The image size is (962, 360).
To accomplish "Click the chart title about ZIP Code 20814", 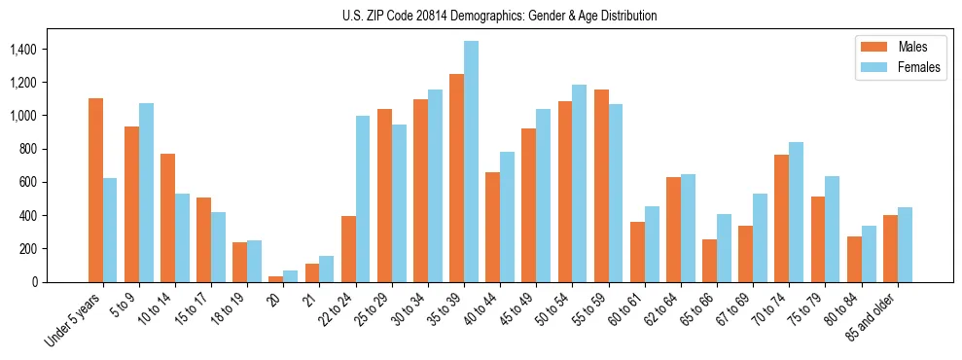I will tap(500, 16).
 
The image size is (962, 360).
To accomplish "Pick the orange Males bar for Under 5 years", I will tap(95, 190).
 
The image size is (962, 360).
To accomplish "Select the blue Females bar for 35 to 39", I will tap(471, 162).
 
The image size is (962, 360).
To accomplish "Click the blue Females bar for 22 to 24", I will tap(363, 198).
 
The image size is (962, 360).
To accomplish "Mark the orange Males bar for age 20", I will tap(276, 278).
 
